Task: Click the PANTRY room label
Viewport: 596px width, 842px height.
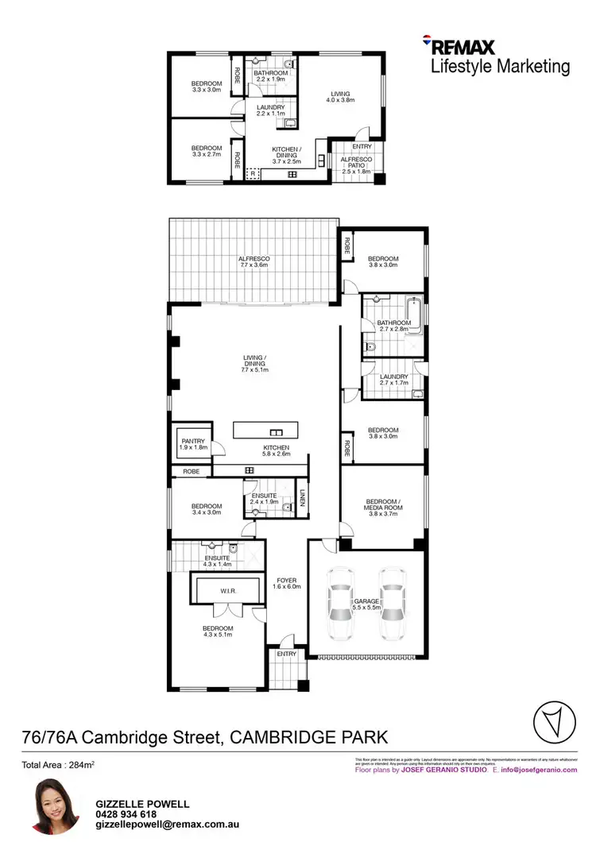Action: tap(193, 444)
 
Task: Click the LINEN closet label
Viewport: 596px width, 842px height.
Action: tap(303, 498)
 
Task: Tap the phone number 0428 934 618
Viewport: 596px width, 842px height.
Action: tap(126, 814)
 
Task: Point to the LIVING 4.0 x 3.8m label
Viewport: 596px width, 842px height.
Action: tap(340, 98)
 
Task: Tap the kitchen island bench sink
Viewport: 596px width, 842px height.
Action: tap(277, 431)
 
